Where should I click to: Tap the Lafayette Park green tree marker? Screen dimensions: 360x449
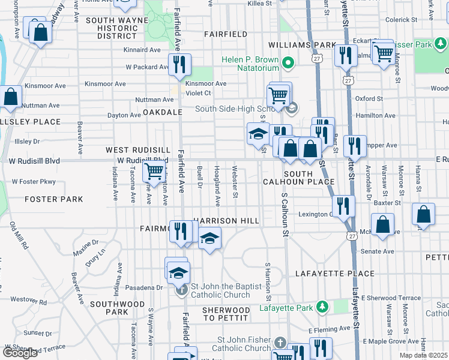click(x=322, y=307)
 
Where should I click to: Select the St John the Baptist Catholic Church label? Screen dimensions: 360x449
click(x=220, y=290)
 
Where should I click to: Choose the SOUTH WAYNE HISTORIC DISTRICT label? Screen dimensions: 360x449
click(x=112, y=28)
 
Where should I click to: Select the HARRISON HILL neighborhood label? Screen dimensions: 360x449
click(x=226, y=221)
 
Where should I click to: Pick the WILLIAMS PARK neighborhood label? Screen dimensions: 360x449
click(x=302, y=45)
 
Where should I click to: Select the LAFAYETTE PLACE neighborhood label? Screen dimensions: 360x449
click(x=335, y=274)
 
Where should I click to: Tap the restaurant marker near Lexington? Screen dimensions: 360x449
click(x=343, y=205)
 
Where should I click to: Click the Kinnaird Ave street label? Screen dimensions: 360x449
click(x=142, y=50)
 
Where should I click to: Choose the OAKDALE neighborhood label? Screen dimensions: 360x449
click(x=162, y=112)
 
